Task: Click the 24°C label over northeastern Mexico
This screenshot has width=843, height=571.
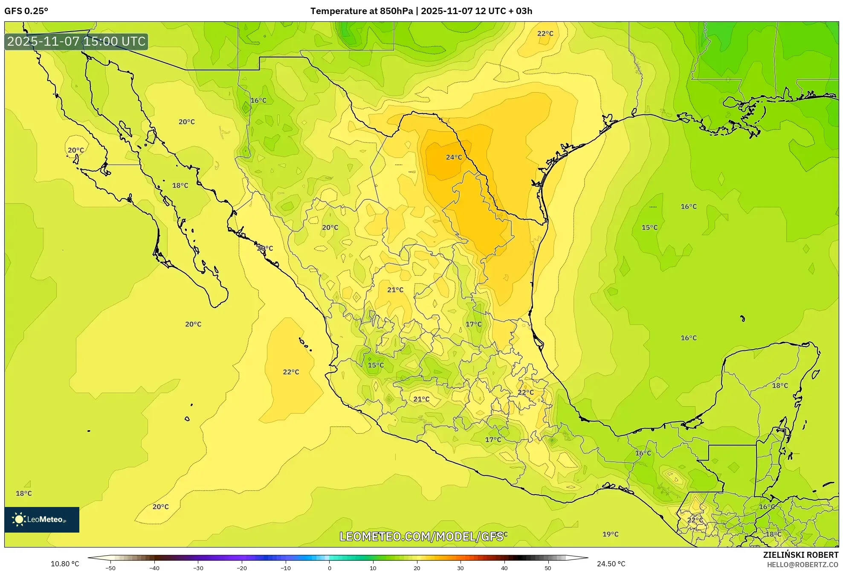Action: click(x=454, y=157)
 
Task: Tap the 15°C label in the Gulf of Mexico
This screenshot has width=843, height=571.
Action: click(x=649, y=227)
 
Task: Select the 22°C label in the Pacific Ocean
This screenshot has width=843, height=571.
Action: click(x=291, y=372)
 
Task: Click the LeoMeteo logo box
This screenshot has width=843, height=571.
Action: click(x=42, y=519)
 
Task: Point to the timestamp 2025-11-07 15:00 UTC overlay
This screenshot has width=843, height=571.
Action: click(x=76, y=41)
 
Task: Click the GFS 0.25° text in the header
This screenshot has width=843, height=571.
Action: click(x=26, y=11)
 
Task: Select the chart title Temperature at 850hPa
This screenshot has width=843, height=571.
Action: click(x=362, y=11)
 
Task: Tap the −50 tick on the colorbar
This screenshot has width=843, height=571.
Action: click(x=110, y=568)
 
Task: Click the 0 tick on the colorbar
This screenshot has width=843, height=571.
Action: click(x=329, y=568)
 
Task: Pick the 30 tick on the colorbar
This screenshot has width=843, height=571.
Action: click(x=461, y=568)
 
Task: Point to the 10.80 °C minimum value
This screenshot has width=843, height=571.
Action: click(x=65, y=564)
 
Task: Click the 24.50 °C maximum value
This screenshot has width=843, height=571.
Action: click(x=611, y=564)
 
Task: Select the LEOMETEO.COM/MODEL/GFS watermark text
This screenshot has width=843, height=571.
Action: click(x=421, y=536)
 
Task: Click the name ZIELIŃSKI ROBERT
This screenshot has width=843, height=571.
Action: click(x=800, y=555)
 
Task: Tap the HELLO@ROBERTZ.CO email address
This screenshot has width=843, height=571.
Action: click(x=802, y=565)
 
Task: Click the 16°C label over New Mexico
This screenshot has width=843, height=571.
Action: click(x=258, y=100)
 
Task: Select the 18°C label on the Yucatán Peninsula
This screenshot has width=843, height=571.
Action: click(x=780, y=385)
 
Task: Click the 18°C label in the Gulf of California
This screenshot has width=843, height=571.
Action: click(x=180, y=186)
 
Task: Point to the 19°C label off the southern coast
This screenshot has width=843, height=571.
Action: click(x=610, y=534)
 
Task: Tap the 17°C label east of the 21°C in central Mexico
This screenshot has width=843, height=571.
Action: click(x=473, y=324)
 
